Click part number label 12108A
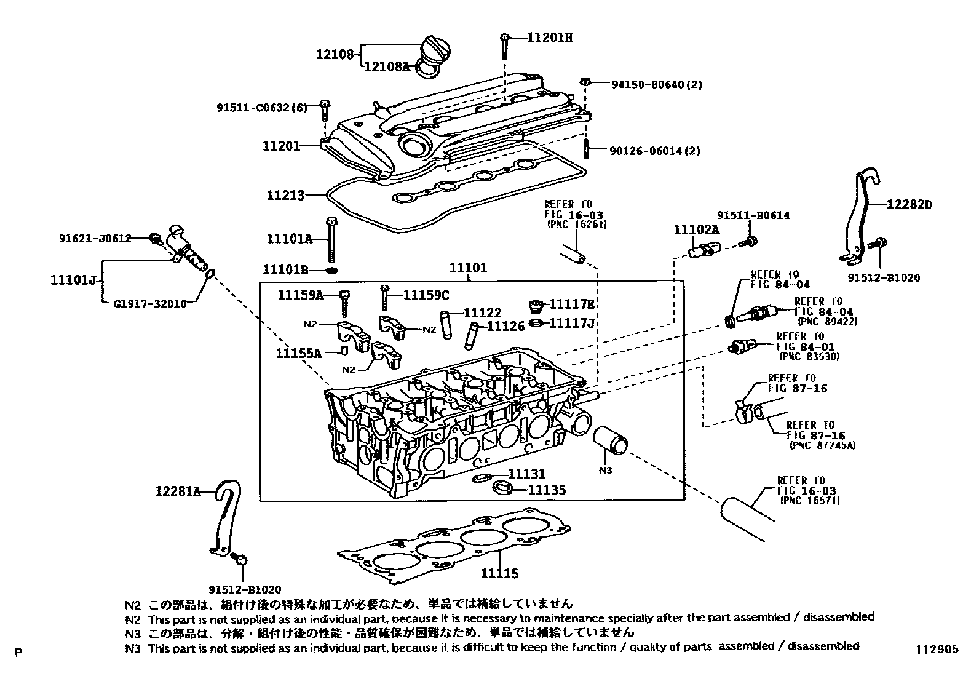click(386, 66)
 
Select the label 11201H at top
click(549, 38)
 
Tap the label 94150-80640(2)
click(656, 84)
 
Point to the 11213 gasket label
click(285, 196)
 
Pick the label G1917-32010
click(150, 303)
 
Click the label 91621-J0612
click(95, 238)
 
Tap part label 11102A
click(696, 229)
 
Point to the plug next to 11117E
click(536, 305)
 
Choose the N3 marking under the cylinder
click(606, 471)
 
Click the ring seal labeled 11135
click(503, 489)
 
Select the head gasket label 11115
click(499, 573)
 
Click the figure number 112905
click(935, 650)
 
